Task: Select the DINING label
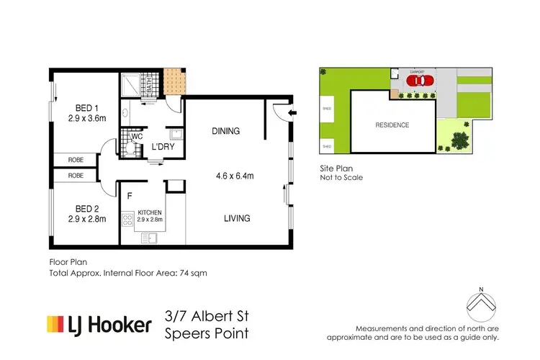225,131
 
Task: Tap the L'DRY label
162,148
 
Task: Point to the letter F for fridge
129,194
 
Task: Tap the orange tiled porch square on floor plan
173,77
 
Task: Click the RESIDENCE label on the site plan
392,125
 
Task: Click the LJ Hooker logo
99,325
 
